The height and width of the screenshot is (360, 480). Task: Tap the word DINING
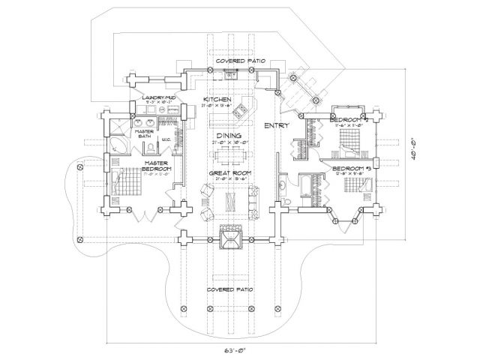pyautogui.click(x=228, y=136)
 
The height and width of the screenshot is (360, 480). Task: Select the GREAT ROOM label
pyautogui.click(x=229, y=174)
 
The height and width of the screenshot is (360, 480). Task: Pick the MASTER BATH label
pyautogui.click(x=143, y=133)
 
